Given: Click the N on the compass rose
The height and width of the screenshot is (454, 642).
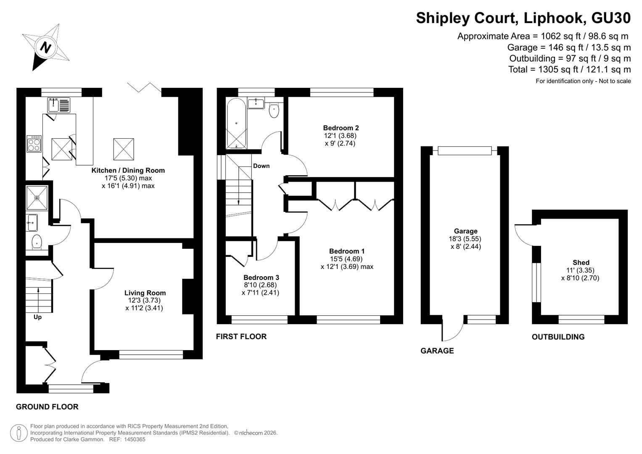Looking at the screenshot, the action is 45,47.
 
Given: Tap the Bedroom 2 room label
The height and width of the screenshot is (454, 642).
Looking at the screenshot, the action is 341,128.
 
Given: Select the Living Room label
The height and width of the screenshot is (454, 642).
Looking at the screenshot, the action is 145,293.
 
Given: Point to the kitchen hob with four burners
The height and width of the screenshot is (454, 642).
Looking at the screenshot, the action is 34,144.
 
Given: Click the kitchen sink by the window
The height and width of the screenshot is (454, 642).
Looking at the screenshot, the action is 58,105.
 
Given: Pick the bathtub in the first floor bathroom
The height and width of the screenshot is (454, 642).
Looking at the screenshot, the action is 236,124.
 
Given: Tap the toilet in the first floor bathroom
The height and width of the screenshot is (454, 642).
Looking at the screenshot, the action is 274,110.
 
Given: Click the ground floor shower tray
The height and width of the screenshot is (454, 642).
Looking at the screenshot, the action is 37,198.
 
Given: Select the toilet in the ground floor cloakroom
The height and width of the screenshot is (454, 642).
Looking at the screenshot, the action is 37,242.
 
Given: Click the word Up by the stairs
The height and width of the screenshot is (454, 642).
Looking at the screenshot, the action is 37,317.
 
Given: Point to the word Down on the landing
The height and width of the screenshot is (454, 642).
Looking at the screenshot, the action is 261,166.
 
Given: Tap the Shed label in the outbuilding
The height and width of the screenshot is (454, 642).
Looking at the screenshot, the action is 581,262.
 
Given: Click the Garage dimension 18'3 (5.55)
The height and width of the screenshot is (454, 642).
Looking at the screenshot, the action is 465,239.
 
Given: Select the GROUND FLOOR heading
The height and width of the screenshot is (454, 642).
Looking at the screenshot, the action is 47,407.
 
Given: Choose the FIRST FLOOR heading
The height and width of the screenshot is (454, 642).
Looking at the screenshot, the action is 241,336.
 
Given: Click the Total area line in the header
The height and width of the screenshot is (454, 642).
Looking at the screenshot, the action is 570,69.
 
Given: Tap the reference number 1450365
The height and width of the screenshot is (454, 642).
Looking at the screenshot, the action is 135,439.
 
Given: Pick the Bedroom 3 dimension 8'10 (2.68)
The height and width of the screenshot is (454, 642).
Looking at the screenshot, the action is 260,285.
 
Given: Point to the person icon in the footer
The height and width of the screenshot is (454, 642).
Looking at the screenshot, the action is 18,433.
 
